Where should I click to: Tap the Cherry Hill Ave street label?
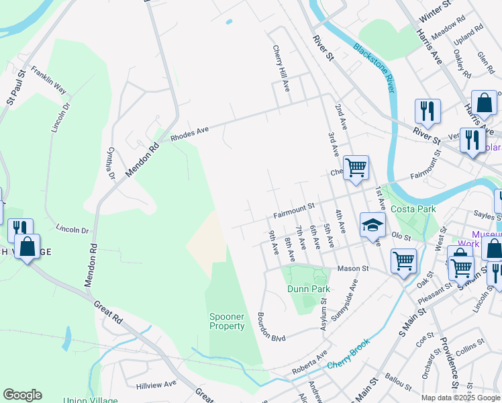tap(280, 68)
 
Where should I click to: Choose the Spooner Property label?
tap(227, 321)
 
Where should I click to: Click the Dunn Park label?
tap(309, 289)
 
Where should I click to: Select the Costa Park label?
tap(413, 210)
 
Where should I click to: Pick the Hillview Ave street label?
tap(156, 384)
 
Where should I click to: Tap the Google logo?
tap(22, 395)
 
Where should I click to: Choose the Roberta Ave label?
tap(309, 367)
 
